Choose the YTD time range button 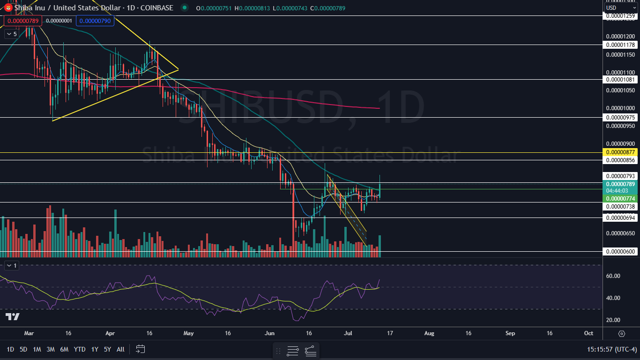80,349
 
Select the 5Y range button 107,349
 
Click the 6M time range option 64,349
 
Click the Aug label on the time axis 429,333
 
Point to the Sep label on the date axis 510,333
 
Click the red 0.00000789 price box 22,21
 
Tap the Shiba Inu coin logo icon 8,7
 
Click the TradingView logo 13,317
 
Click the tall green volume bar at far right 380,246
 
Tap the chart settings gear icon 622,333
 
